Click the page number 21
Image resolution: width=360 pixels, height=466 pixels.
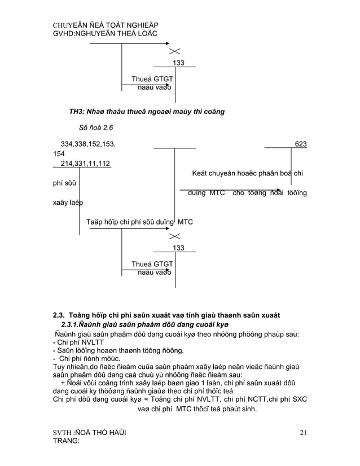303,433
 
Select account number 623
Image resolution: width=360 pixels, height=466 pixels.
301,144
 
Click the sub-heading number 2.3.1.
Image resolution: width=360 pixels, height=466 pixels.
70,324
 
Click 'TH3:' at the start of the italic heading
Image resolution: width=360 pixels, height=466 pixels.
77,112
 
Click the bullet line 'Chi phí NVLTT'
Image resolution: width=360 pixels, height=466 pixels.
78,342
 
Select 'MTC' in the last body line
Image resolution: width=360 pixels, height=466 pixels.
189,409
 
